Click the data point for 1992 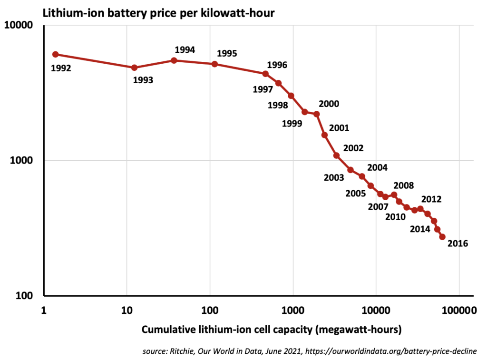point(55,55)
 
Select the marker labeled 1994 point(174,60)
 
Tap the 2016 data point point(442,237)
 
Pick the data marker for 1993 point(134,68)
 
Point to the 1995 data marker point(214,64)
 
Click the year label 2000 point(329,104)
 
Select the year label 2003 point(334,178)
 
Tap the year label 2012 point(431,199)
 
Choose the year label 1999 point(292,124)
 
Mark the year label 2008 point(403,185)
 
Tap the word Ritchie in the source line point(177,351)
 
